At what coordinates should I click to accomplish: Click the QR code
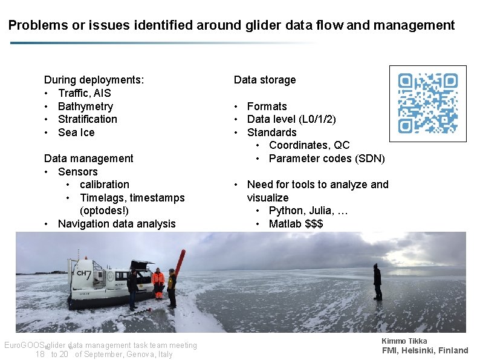click(x=427, y=103)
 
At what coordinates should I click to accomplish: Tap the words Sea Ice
click(x=76, y=133)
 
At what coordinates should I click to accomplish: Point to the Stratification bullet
click(x=88, y=119)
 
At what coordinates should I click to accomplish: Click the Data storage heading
click(x=265, y=80)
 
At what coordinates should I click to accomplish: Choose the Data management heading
click(x=88, y=159)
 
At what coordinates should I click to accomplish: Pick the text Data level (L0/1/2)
click(x=291, y=119)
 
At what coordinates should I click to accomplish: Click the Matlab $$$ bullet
click(x=296, y=224)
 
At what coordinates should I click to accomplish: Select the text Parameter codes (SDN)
click(x=326, y=159)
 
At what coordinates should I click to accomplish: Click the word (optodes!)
click(x=104, y=211)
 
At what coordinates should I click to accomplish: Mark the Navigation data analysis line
click(x=117, y=224)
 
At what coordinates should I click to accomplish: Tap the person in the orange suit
click(x=158, y=283)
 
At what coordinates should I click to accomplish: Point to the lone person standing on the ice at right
click(x=377, y=282)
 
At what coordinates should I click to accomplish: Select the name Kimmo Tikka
click(x=404, y=341)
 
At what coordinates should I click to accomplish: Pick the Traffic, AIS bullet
click(x=84, y=93)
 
